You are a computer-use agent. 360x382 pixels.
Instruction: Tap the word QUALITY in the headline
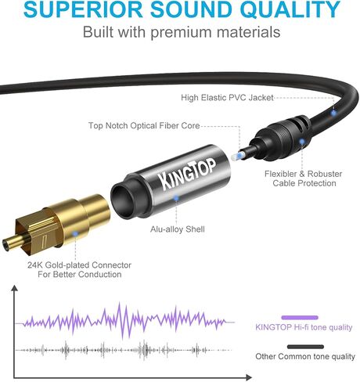(290, 9)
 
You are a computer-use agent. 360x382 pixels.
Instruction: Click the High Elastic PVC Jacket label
(227, 98)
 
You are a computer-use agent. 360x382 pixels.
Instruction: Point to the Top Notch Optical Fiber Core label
(144, 125)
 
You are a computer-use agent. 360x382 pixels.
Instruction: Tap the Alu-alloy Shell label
(178, 229)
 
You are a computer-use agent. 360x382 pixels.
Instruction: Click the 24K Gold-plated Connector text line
(79, 265)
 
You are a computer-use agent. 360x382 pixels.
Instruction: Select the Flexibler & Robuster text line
(303, 174)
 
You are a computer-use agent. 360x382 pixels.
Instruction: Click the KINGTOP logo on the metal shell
(188, 173)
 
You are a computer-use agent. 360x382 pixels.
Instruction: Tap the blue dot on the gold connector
(75, 233)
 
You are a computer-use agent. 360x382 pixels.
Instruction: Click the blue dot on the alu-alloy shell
(176, 198)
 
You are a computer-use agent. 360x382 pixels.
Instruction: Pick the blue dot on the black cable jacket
(333, 113)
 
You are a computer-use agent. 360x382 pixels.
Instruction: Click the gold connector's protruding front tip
(10, 243)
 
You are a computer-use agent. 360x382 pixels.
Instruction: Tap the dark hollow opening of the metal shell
(122, 199)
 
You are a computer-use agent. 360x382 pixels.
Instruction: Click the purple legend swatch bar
(300, 318)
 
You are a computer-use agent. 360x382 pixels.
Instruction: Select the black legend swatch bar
(305, 347)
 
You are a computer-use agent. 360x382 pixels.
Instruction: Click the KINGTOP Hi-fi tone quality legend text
(304, 327)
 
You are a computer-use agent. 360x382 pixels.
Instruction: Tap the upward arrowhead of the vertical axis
(15, 288)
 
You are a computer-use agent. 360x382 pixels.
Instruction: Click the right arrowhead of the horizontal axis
(249, 377)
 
